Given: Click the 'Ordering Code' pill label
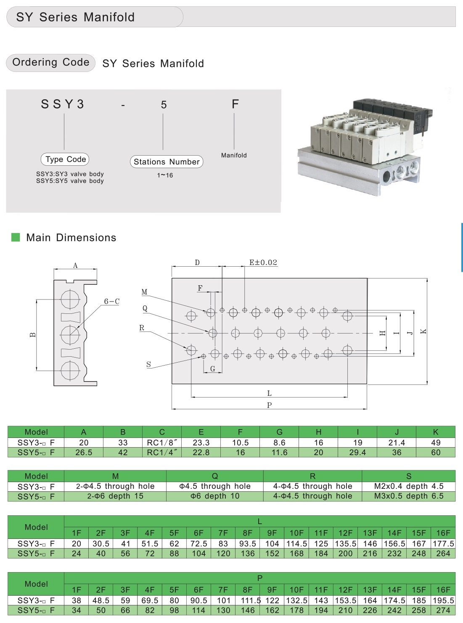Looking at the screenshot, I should (51, 63).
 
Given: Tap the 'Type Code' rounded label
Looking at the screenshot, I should (65, 159).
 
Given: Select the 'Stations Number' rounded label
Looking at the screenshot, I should (167, 162).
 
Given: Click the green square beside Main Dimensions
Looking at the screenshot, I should (16, 237).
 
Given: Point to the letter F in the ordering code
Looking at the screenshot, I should (235, 104).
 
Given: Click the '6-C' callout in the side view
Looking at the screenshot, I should (112, 301).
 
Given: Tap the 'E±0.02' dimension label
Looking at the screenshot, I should (263, 262).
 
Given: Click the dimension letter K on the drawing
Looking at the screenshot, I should (423, 331).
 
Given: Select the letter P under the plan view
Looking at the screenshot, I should (269, 405).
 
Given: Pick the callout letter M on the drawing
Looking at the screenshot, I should (145, 292).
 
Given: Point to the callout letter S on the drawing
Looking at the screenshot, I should (148, 365).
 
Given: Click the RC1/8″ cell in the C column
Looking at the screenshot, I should (162, 443).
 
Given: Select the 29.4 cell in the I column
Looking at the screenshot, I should (357, 453).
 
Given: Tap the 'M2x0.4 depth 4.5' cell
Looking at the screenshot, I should (409, 486).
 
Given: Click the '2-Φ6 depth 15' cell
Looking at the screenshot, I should (115, 496).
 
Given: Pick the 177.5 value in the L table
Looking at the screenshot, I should (444, 543).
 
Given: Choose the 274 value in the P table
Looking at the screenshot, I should (443, 610).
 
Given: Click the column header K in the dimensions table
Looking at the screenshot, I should (436, 432).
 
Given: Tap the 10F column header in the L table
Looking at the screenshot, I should (296, 533).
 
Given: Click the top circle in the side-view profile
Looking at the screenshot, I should (70, 300).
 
